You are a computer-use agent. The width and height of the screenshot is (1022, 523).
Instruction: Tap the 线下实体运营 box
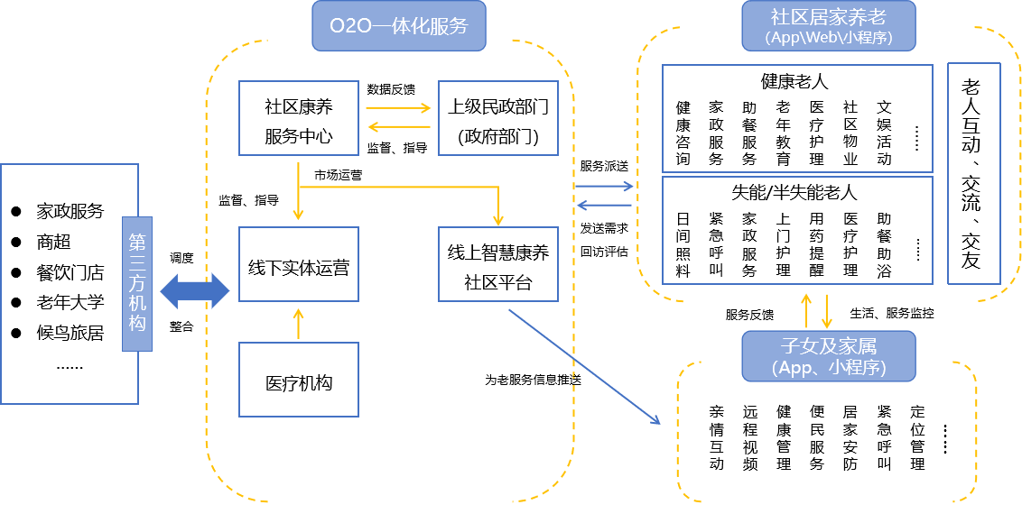pyautogui.click(x=298, y=268)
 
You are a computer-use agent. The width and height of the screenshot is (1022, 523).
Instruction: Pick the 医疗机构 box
pyautogui.click(x=298, y=383)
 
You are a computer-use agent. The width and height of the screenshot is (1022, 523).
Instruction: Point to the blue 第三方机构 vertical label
pyautogui.click(x=137, y=282)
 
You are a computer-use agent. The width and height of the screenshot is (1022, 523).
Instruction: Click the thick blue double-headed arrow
pyautogui.click(x=195, y=291)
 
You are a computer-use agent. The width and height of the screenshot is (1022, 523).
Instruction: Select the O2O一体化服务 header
pyautogui.click(x=398, y=26)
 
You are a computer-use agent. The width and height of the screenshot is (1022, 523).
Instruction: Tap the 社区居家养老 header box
pyautogui.click(x=828, y=25)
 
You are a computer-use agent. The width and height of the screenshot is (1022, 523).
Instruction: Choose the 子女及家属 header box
pyautogui.click(x=828, y=355)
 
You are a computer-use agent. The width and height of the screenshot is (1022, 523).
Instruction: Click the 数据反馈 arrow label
pyautogui.click(x=391, y=89)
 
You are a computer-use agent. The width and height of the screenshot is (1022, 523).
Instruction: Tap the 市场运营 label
pyautogui.click(x=339, y=175)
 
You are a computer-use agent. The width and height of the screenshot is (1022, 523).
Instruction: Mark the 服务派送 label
pyautogui.click(x=604, y=167)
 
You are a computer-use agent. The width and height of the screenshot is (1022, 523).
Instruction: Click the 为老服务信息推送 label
pyautogui.click(x=533, y=380)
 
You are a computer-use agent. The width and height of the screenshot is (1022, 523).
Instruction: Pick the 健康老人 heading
pyautogui.click(x=794, y=81)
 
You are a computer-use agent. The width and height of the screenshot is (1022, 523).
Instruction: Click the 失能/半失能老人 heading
pyautogui.click(x=794, y=192)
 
